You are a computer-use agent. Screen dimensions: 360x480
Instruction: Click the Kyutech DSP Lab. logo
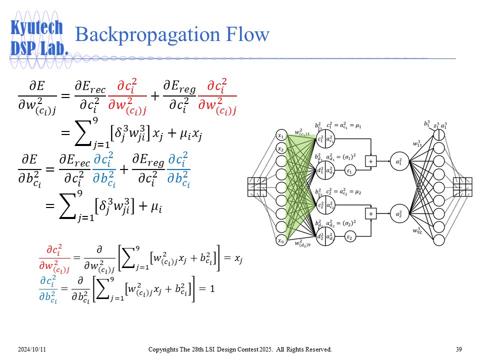coord(38,37)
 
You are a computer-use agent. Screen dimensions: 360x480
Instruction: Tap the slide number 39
coord(459,349)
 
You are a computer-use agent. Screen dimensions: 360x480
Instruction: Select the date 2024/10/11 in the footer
coord(33,349)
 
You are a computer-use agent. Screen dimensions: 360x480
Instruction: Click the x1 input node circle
coord(281,135)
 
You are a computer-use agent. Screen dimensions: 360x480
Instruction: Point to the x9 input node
coord(281,241)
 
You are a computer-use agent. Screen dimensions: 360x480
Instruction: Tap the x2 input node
coord(281,149)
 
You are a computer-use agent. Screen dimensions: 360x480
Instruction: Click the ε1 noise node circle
coord(350,171)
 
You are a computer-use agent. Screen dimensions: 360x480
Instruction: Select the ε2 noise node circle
coord(350,237)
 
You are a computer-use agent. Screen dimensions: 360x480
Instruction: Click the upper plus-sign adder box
coord(371,161)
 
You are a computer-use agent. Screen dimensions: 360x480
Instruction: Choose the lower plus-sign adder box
coord(371,214)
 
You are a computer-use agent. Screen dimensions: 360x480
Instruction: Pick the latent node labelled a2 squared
coord(399,214)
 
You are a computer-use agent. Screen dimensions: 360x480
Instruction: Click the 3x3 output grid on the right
coord(462,187)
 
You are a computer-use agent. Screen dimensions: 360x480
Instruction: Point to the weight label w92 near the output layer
coord(416,230)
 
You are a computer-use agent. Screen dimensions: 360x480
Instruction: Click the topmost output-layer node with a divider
coord(439,135)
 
